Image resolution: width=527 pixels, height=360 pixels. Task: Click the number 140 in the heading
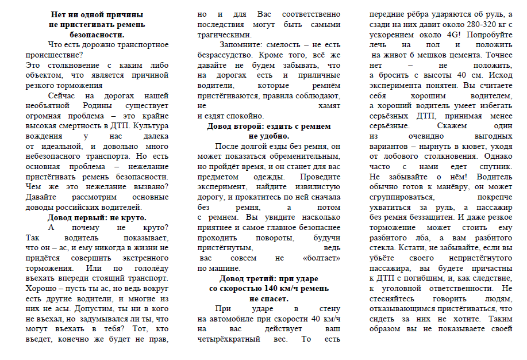[269, 289]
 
